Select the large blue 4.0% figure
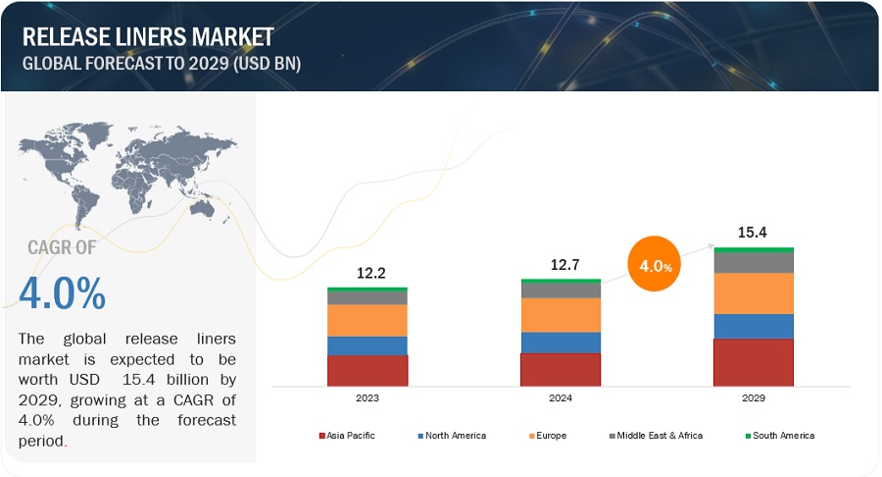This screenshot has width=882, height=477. pyautogui.click(x=62, y=293)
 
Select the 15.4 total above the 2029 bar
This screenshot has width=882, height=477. pyautogui.click(x=753, y=233)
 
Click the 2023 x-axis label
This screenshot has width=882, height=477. pyautogui.click(x=367, y=398)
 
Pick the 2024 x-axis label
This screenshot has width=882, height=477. pyautogui.click(x=561, y=398)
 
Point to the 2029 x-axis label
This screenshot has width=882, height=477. pyautogui.click(x=753, y=398)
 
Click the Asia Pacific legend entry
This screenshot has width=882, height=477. pyautogui.click(x=348, y=435)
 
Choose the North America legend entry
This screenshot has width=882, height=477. pyautogui.click(x=452, y=435)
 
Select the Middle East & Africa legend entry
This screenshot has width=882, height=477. pyautogui.click(x=656, y=435)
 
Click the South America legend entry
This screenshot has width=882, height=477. pyautogui.click(x=779, y=435)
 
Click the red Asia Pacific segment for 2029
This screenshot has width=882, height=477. pyautogui.click(x=753, y=362)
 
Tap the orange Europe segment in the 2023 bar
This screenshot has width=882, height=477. pyautogui.click(x=367, y=320)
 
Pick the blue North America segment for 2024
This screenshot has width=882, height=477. pyautogui.click(x=561, y=342)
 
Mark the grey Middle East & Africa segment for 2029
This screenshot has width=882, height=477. pyautogui.click(x=753, y=262)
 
